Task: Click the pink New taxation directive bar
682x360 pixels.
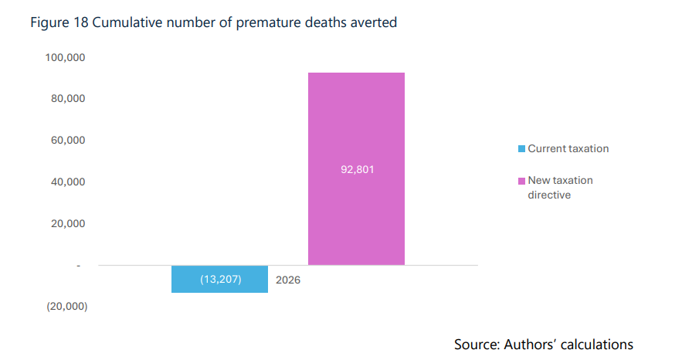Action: pyautogui.click(x=356, y=168)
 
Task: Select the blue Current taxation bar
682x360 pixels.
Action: pyautogui.click(x=219, y=279)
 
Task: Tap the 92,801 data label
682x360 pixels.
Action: pyautogui.click(x=357, y=169)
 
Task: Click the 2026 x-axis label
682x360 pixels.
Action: pyautogui.click(x=288, y=280)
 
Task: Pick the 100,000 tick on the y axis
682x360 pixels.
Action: pyautogui.click(x=65, y=57)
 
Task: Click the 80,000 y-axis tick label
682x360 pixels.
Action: pyautogui.click(x=68, y=98)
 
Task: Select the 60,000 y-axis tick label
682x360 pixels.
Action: pyautogui.click(x=68, y=140)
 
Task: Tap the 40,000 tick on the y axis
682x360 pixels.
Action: pyautogui.click(x=68, y=182)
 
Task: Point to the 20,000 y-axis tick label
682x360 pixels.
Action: pyautogui.click(x=68, y=223)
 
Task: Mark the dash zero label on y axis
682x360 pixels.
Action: pyautogui.click(x=79, y=265)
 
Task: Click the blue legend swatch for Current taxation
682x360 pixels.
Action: pyautogui.click(x=521, y=148)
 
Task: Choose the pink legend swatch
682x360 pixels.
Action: pyautogui.click(x=521, y=181)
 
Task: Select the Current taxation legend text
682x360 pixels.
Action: pyautogui.click(x=568, y=148)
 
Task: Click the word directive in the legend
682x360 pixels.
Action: pyautogui.click(x=549, y=195)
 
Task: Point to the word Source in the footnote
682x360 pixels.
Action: pyautogui.click(x=477, y=345)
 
